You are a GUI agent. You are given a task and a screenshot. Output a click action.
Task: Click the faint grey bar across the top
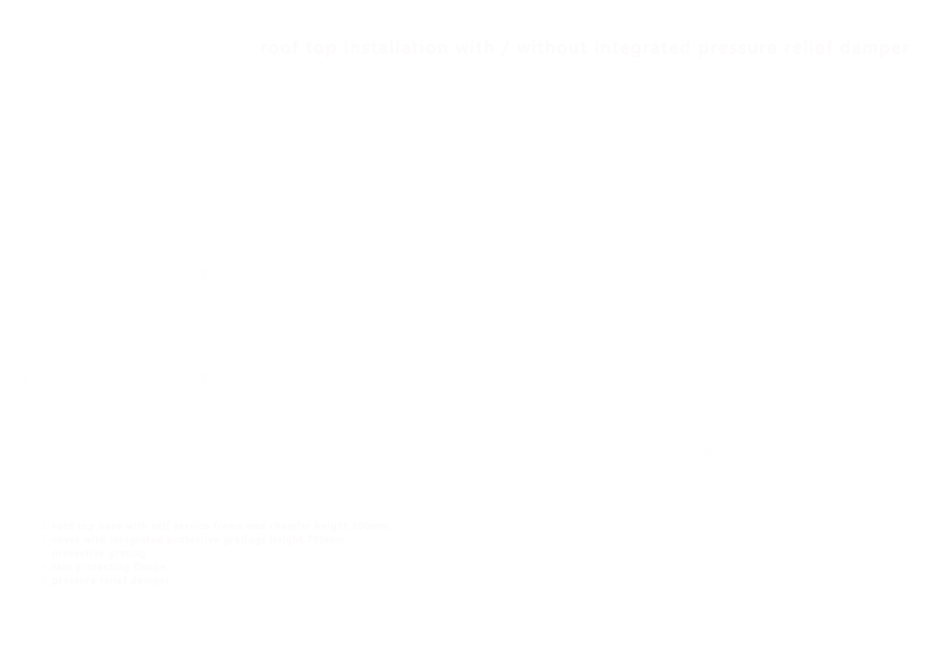tap(585, 49)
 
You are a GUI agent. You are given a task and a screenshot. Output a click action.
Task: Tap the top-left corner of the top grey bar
tap(262, 42)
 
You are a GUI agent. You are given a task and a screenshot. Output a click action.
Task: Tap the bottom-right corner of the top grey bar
tap(908, 57)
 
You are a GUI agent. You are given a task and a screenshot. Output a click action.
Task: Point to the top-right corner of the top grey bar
tap(908, 42)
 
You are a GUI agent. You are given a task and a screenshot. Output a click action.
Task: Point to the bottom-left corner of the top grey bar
tap(262, 57)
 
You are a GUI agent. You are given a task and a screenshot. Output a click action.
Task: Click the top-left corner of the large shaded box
tap(53, 522)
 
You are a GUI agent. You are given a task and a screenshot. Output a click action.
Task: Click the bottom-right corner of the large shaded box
tap(355, 585)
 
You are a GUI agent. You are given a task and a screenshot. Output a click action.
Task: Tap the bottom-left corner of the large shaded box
tap(53, 585)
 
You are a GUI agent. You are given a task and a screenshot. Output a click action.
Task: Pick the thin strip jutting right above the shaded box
tap(372, 525)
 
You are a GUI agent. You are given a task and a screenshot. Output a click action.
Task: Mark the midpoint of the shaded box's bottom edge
tap(204, 585)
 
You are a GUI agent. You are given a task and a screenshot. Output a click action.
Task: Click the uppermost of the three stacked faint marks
tap(203, 275)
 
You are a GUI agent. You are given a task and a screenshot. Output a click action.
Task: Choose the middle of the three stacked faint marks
tap(203, 375)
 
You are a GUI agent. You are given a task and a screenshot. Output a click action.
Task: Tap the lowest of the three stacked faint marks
tap(203, 438)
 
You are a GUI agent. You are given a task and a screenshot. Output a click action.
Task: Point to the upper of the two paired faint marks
tap(709, 454)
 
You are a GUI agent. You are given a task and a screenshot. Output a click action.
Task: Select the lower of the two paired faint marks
tap(709, 500)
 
